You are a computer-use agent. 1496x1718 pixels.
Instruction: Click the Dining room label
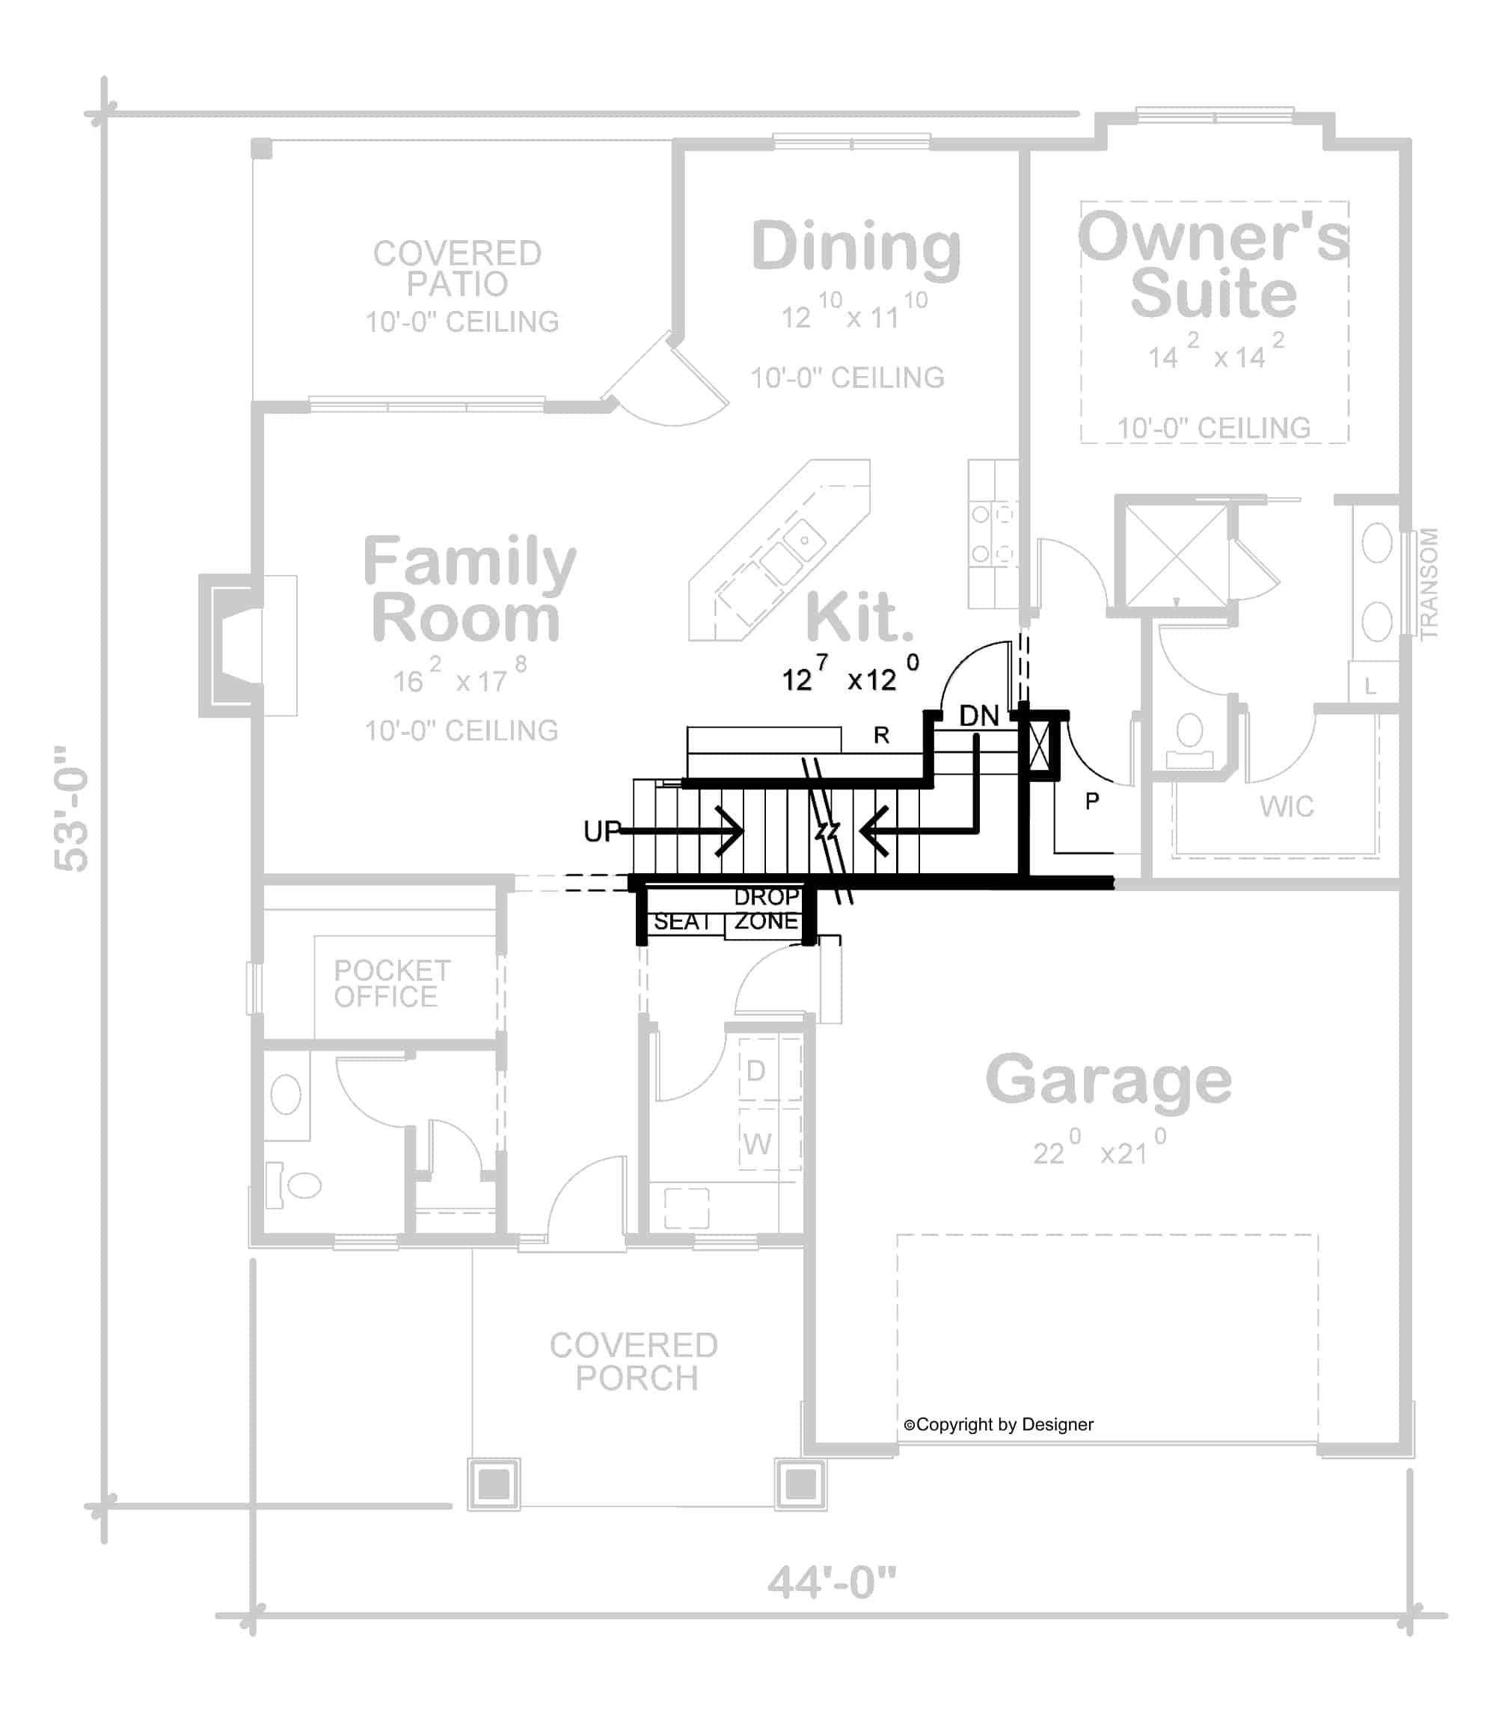point(856,247)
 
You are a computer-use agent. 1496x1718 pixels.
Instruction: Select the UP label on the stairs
point(602,831)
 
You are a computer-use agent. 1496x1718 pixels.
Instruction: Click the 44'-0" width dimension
point(832,1582)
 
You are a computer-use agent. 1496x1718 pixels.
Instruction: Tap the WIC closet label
point(1287,807)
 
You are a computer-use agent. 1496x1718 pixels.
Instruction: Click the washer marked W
point(757,1144)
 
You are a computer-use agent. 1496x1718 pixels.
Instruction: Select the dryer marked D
point(755,1071)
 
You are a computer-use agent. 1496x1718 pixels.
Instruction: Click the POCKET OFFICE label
point(390,984)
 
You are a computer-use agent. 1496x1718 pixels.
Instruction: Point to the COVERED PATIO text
point(458,268)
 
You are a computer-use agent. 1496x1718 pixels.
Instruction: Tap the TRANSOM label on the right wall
point(1429,583)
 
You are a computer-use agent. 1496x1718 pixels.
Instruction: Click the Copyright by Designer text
point(999,1424)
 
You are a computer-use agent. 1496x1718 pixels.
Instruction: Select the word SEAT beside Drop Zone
point(681,922)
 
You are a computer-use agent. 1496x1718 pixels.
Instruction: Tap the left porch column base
point(494,1484)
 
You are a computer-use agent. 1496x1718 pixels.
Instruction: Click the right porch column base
point(800,1483)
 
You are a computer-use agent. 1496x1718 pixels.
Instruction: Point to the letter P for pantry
point(1092,801)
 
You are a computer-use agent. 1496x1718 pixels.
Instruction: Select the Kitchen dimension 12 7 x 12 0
point(850,678)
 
